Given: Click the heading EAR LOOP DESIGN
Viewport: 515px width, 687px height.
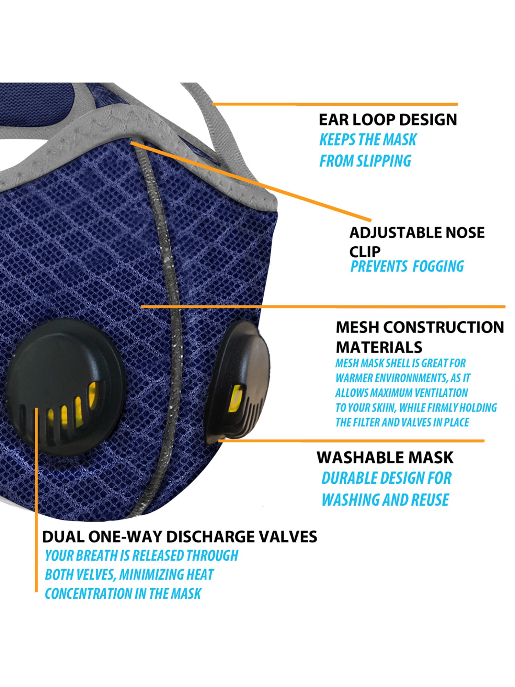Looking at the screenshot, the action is click(x=388, y=120).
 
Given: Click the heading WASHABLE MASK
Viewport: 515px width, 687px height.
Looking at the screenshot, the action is click(x=385, y=458).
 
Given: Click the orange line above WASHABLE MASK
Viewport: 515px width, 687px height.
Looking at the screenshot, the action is click(x=350, y=440).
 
